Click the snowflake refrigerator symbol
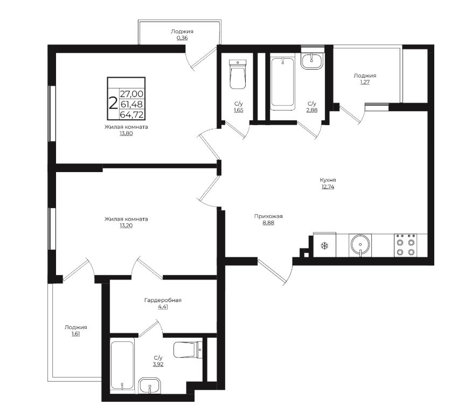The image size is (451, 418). point(325,246)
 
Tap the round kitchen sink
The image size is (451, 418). point(360,245)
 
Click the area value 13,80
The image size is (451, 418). point(126,133)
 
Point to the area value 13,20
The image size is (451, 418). point(126,225)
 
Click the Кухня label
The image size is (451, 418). point(328,180)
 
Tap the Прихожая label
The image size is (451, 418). point(268,216)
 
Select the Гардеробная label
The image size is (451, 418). point(163,300)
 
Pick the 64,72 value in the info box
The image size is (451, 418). point(132,114)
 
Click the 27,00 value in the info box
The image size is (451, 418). point(131,94)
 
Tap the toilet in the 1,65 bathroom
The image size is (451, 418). point(238,74)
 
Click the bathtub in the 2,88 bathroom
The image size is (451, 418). point(283,83)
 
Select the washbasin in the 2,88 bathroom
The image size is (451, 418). point(312,61)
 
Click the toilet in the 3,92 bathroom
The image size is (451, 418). point(188,350)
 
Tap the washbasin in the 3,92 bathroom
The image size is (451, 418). point(149,386)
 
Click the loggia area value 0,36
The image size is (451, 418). point(182,38)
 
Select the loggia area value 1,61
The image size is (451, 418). point(75,334)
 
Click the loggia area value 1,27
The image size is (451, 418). point(365,82)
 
